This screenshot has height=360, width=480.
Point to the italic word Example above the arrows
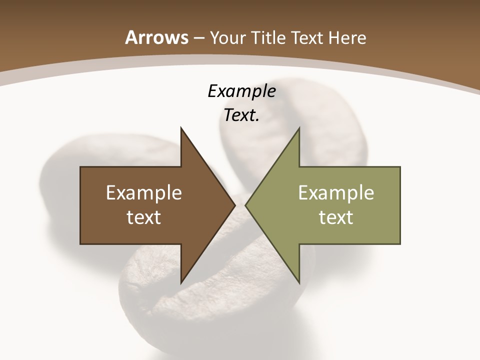[241, 91]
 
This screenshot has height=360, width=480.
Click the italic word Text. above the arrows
[241, 115]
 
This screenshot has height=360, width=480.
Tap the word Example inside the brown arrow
[144, 192]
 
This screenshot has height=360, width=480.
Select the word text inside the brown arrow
[144, 217]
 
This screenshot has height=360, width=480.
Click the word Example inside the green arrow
[336, 192]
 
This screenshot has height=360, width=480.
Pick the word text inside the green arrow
[336, 217]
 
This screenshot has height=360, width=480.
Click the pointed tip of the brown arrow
[235, 205]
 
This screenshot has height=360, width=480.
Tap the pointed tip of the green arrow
[245, 205]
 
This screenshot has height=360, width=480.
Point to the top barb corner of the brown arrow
[181, 128]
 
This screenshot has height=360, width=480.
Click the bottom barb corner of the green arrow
[299, 283]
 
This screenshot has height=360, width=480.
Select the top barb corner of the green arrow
[299, 128]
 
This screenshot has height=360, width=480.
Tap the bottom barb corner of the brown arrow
[181, 283]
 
